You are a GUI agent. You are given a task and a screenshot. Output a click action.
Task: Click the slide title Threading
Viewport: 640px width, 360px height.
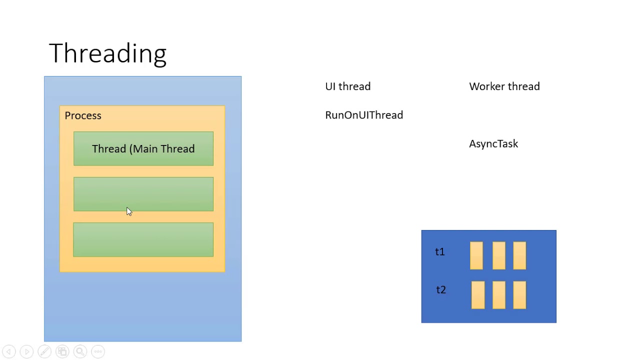(107, 53)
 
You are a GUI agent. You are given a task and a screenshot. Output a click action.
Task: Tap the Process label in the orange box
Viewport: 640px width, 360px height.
(83, 115)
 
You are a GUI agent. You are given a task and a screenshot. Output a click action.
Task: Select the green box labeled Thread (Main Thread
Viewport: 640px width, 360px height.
(143, 148)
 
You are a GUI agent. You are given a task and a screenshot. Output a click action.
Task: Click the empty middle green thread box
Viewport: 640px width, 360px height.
(143, 194)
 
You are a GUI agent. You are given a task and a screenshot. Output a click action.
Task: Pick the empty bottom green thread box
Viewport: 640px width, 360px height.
(143, 239)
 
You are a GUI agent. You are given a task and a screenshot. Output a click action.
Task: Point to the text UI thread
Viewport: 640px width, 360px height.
(347, 86)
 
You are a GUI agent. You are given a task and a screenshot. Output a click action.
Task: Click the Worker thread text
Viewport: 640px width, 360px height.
(504, 86)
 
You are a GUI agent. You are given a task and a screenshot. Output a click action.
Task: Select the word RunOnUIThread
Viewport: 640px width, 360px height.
(363, 115)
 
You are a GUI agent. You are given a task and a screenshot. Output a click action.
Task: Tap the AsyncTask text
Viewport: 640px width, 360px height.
(493, 144)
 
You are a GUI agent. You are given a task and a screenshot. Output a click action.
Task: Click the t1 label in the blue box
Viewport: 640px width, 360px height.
(439, 252)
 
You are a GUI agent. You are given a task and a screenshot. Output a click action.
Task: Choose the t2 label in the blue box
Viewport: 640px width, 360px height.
(440, 290)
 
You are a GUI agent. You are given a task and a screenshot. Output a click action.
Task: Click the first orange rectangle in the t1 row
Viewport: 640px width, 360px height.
(476, 255)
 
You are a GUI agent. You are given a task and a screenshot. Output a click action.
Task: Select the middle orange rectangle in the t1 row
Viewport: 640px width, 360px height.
(498, 255)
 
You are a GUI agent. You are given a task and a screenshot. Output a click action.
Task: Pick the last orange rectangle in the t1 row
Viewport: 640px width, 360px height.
(519, 255)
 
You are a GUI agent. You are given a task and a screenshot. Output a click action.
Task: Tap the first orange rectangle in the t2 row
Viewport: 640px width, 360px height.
(477, 295)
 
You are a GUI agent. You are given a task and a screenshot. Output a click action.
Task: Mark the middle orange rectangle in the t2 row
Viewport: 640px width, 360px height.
(498, 295)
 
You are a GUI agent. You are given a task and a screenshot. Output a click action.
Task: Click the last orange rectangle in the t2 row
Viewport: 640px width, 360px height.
(519, 295)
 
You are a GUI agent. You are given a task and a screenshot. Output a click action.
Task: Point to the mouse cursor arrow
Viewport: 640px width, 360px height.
(128, 211)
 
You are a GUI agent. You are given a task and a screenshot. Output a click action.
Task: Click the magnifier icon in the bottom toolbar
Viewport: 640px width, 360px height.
(80, 351)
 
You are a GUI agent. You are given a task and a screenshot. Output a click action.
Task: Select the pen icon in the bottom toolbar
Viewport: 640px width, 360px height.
(44, 351)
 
